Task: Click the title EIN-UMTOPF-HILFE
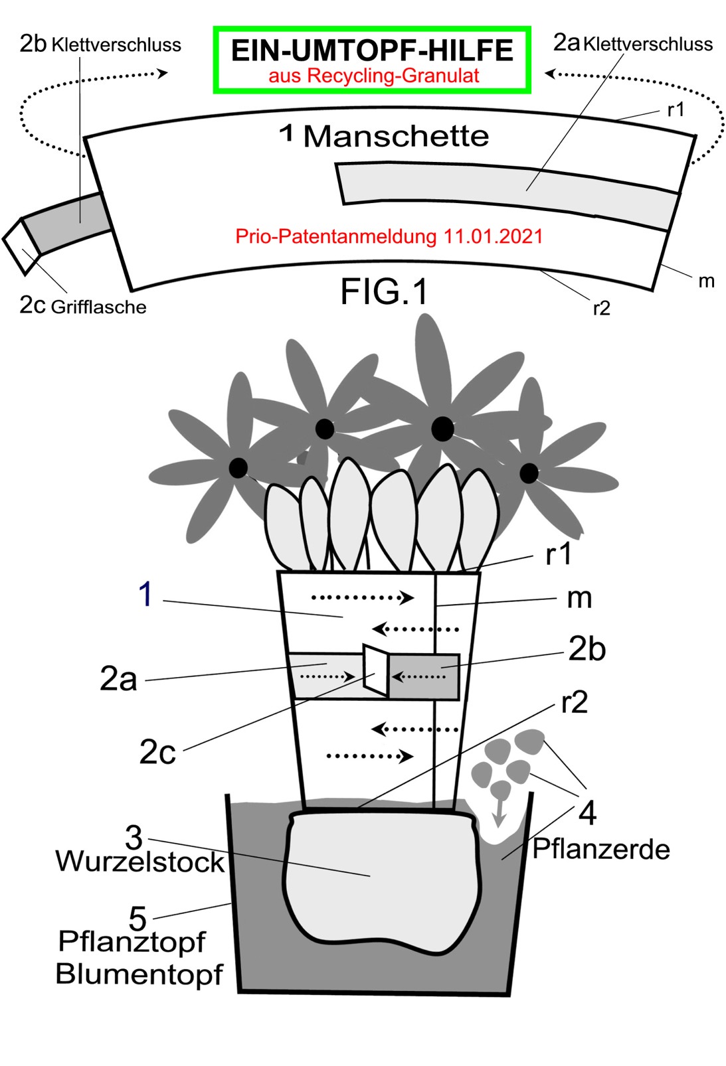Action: (x=372, y=50)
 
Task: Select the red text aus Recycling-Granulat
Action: (x=373, y=76)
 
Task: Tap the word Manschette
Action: (x=396, y=137)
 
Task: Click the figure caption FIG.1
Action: (x=384, y=291)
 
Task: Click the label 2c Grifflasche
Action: (x=83, y=306)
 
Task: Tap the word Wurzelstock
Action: (x=140, y=862)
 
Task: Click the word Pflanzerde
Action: (x=601, y=849)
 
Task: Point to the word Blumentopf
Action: (x=139, y=974)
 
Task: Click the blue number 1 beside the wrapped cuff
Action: (x=145, y=593)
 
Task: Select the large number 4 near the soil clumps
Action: (x=587, y=812)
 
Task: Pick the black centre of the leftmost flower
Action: (x=238, y=467)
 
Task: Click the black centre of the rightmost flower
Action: (x=529, y=473)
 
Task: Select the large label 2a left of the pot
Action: (x=118, y=679)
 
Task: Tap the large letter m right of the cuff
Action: (x=579, y=598)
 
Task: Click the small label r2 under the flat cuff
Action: (x=601, y=308)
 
